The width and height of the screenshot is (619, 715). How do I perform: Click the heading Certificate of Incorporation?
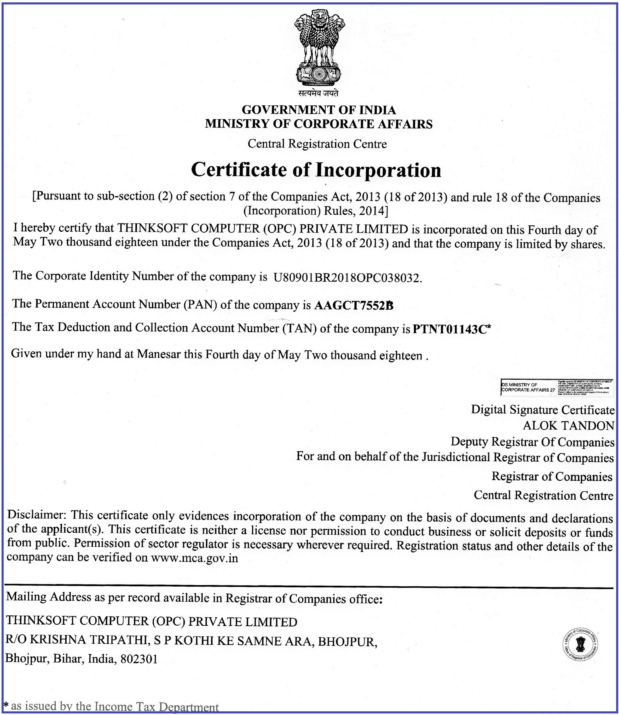coord(316,170)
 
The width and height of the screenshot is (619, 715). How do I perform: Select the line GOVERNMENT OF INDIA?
coord(319,110)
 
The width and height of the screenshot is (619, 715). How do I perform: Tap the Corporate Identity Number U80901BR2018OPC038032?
coord(347,277)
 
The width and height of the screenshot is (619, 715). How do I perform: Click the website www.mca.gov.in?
coord(194,558)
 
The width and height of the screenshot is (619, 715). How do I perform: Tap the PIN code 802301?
coord(139,659)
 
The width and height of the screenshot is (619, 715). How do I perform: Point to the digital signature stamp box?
coord(557,387)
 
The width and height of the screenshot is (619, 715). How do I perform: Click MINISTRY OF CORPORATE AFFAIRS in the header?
coord(319,124)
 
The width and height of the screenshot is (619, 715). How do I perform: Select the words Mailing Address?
coord(49,597)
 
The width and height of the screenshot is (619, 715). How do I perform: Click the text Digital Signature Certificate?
coord(543,410)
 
